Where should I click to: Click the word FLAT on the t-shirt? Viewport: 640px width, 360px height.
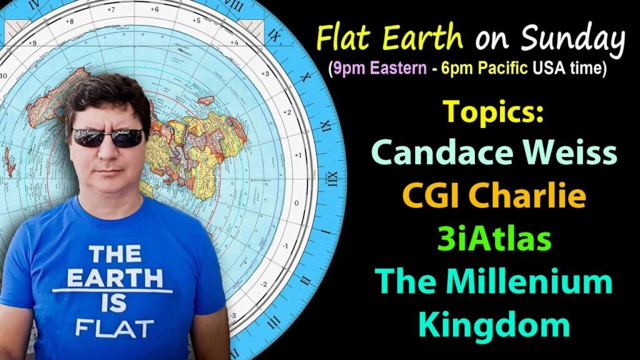click(x=114, y=326)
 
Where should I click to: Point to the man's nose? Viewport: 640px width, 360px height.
click(x=106, y=152)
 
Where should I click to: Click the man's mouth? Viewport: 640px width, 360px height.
click(x=107, y=170)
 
